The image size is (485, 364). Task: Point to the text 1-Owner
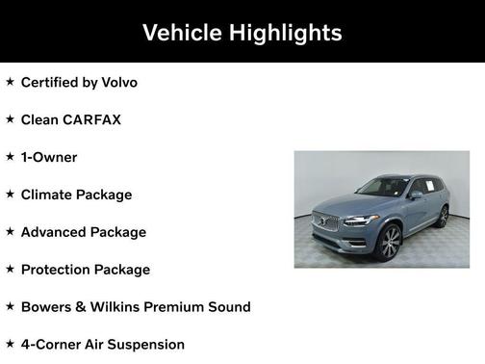click(x=48, y=157)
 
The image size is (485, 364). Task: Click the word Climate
click(x=49, y=195)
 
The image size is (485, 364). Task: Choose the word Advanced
click(x=54, y=232)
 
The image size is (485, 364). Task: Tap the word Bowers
click(x=49, y=307)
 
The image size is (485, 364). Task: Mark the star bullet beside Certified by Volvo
click(x=10, y=82)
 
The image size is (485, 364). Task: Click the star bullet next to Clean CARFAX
click(x=10, y=119)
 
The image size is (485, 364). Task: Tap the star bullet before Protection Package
click(x=10, y=270)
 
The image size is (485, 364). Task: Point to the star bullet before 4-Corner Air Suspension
click(x=10, y=345)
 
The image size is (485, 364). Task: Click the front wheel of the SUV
click(x=390, y=244)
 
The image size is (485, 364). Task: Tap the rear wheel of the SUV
click(x=443, y=217)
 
